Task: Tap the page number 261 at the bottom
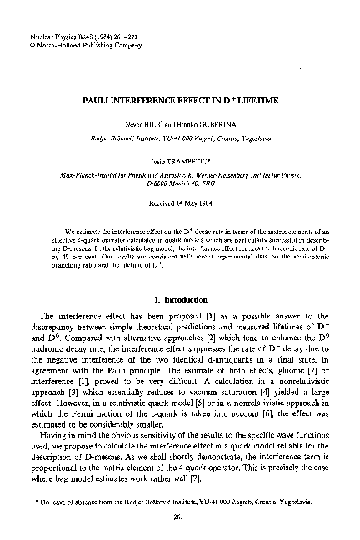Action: coord(180,513)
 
